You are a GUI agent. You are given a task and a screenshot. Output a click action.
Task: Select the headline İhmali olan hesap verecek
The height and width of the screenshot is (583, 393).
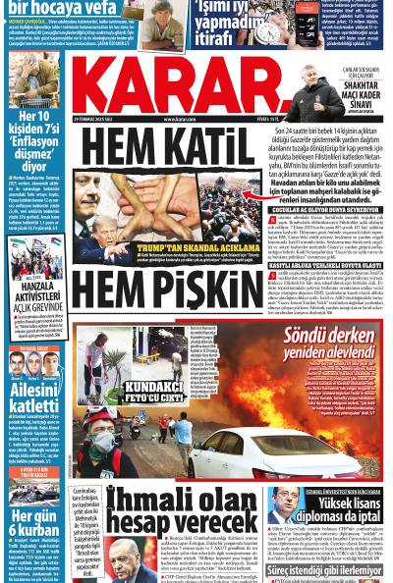[x=183, y=511]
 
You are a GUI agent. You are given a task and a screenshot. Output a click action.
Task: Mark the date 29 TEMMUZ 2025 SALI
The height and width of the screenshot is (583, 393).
[x=96, y=120]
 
